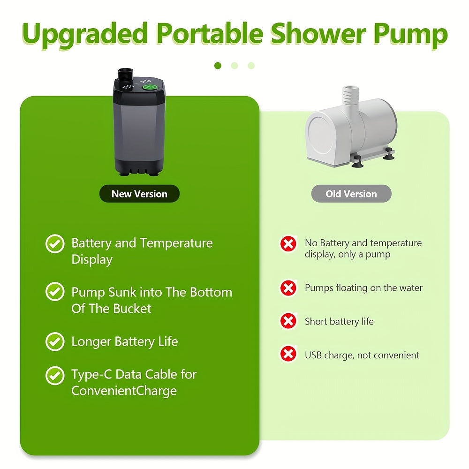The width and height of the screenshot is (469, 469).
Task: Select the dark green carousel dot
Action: tap(218, 66)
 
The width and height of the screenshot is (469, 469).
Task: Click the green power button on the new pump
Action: tap(149, 87)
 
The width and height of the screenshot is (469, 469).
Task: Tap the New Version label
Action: tap(139, 194)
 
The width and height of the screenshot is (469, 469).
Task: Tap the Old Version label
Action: tap(351, 194)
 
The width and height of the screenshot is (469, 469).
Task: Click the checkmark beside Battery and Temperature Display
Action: tap(55, 244)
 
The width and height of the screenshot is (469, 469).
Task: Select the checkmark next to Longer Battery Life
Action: tap(55, 341)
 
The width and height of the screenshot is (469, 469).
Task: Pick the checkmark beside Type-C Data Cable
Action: tap(55, 376)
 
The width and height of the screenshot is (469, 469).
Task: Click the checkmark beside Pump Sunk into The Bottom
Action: tap(55, 292)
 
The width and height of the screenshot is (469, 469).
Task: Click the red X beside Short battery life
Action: tap(288, 321)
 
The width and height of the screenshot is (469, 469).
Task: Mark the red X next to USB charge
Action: tap(288, 354)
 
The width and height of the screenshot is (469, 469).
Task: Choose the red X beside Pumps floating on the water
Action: tap(288, 288)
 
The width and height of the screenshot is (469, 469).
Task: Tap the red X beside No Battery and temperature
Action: tap(288, 244)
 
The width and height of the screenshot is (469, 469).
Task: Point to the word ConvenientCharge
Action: tap(124, 391)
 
